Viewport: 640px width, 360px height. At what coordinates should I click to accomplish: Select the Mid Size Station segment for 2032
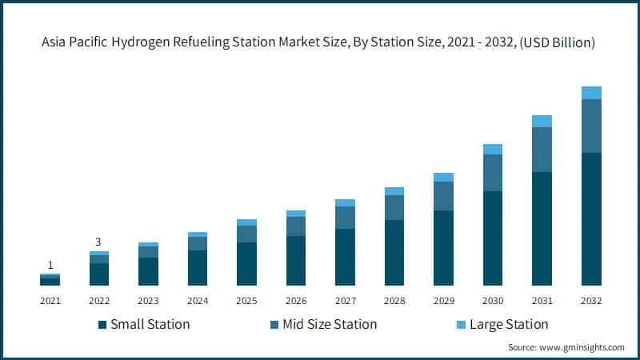coord(591,126)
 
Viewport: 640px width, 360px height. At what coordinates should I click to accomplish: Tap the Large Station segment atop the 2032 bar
coord(591,93)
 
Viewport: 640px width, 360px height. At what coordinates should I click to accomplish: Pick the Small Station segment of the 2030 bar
coord(493,238)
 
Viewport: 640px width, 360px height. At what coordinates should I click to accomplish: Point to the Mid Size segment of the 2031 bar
coord(542,150)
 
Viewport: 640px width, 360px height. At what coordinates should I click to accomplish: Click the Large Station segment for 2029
coord(443,177)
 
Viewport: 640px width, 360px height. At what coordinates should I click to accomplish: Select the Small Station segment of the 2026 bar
coord(296,260)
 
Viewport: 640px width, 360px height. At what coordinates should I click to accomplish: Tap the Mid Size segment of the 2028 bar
coord(394,207)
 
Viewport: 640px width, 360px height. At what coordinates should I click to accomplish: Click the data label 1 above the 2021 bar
coord(50,265)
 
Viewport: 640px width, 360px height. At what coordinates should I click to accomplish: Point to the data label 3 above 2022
coord(99,242)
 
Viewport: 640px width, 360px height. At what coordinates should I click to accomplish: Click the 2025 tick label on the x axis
coord(246,301)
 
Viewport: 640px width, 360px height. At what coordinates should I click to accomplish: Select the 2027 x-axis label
coord(345,301)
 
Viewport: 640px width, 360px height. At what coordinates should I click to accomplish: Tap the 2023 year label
coord(148,301)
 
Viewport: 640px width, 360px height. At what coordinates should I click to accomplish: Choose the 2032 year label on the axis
coord(591,301)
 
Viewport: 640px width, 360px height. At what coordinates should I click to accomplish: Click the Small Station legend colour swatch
coord(102,325)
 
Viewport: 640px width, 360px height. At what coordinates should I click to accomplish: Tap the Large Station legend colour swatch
coord(460,325)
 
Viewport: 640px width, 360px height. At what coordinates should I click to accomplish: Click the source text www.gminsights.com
coord(584,347)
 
